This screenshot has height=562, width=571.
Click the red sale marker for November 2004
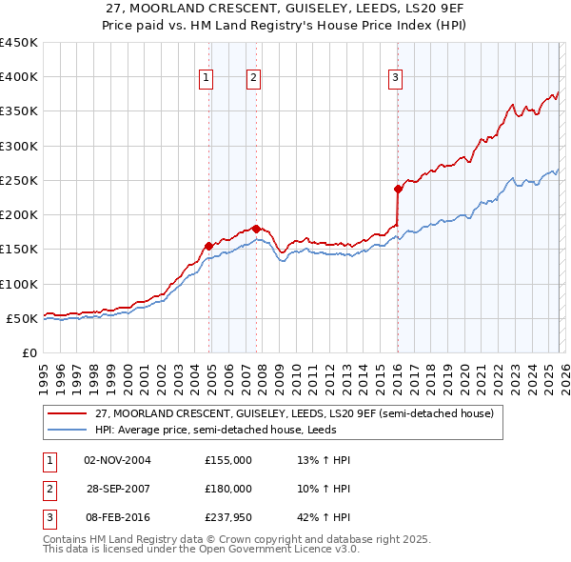tap(208, 246)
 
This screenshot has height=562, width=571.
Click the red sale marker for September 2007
tap(257, 229)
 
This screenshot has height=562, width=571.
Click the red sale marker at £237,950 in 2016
tap(398, 189)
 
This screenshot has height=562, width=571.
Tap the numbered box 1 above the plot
tap(206, 79)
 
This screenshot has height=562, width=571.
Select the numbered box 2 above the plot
tap(254, 79)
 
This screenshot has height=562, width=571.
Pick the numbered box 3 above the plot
tap(395, 79)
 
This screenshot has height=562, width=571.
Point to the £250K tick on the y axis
tap(19, 180)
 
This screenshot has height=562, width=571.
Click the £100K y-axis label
tap(19, 284)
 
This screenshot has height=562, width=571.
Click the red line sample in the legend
tap(68, 414)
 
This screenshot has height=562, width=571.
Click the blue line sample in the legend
tap(68, 430)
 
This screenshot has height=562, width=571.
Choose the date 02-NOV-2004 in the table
tap(117, 460)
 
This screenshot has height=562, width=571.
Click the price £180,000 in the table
tap(227, 489)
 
